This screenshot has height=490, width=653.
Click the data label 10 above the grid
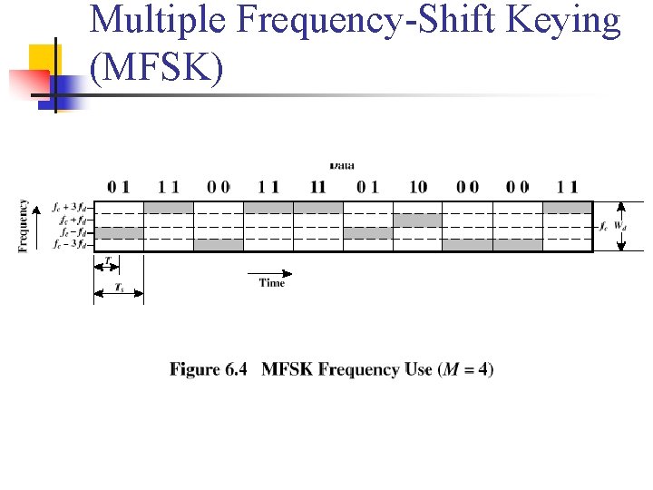click(x=418, y=187)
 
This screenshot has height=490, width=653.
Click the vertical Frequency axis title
click(x=24, y=226)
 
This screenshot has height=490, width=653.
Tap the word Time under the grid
click(x=271, y=283)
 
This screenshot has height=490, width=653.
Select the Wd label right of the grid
click(x=620, y=225)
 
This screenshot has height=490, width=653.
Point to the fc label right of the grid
click(x=604, y=225)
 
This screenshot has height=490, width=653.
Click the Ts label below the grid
click(x=119, y=287)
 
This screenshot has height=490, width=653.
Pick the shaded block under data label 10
click(x=418, y=220)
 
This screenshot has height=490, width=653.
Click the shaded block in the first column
click(x=119, y=231)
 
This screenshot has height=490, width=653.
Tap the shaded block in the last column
click(x=567, y=208)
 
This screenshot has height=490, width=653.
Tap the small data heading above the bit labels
click(x=342, y=165)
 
